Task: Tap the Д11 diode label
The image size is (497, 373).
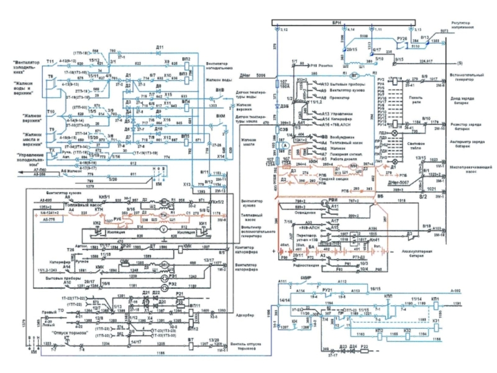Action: [x=160, y=47]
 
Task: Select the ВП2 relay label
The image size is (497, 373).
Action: [x=185, y=59]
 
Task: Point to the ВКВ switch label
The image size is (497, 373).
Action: [x=220, y=90]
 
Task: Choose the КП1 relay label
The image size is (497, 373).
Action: [x=435, y=299]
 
